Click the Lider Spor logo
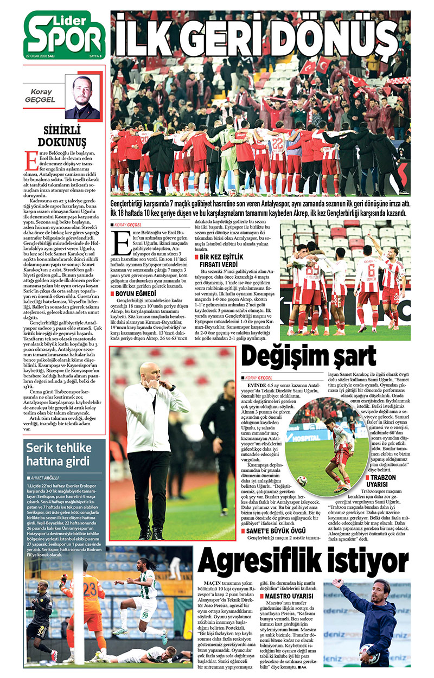tap(64, 34)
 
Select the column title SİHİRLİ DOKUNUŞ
tap(65, 136)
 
